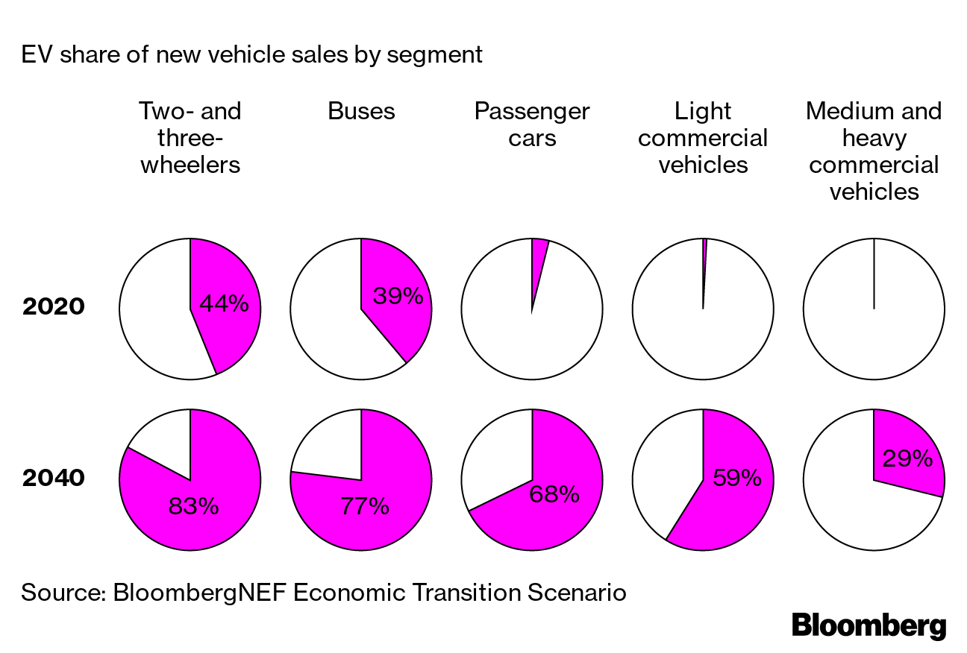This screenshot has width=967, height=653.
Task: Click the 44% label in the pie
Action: pos(225,305)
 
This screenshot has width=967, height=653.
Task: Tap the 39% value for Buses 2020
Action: pos(398,297)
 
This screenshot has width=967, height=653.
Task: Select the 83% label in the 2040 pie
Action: pos(193,507)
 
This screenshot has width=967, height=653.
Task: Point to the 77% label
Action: pos(365,507)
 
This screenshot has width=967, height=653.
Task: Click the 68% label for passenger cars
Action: pos(554,494)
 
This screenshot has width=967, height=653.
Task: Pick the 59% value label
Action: pos(737,478)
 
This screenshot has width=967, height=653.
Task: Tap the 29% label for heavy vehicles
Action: pos(907,458)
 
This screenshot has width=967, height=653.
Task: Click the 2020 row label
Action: pos(54,306)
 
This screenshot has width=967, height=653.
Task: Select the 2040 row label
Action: pos(54,478)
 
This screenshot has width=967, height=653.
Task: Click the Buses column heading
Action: pos(362,112)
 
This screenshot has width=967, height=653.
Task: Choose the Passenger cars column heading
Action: pos(532,124)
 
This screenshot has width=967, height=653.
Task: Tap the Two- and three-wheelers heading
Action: pos(191,138)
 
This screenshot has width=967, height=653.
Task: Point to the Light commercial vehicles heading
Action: pos(703,138)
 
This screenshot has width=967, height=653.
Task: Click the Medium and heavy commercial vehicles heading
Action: pos(874,151)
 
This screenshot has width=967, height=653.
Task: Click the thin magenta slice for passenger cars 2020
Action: pos(539,257)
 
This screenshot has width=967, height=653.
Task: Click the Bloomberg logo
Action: pos(869,625)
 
